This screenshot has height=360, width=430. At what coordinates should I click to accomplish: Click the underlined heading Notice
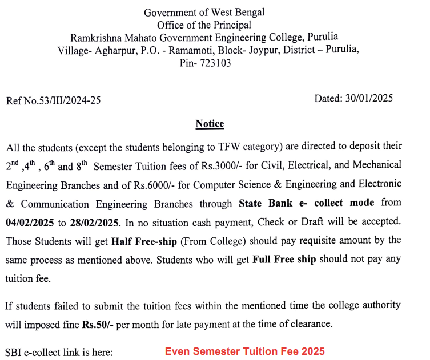(x=210, y=124)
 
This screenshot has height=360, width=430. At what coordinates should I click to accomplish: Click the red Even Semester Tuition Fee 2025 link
(x=245, y=351)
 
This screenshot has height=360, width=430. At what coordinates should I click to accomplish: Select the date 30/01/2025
(x=368, y=98)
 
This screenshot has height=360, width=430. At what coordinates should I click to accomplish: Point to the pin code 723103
(x=215, y=63)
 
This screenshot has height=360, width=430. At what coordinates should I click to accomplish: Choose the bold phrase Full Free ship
(x=284, y=260)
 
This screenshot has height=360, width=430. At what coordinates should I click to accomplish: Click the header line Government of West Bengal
(x=204, y=12)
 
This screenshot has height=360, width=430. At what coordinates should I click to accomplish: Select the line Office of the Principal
(x=204, y=25)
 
